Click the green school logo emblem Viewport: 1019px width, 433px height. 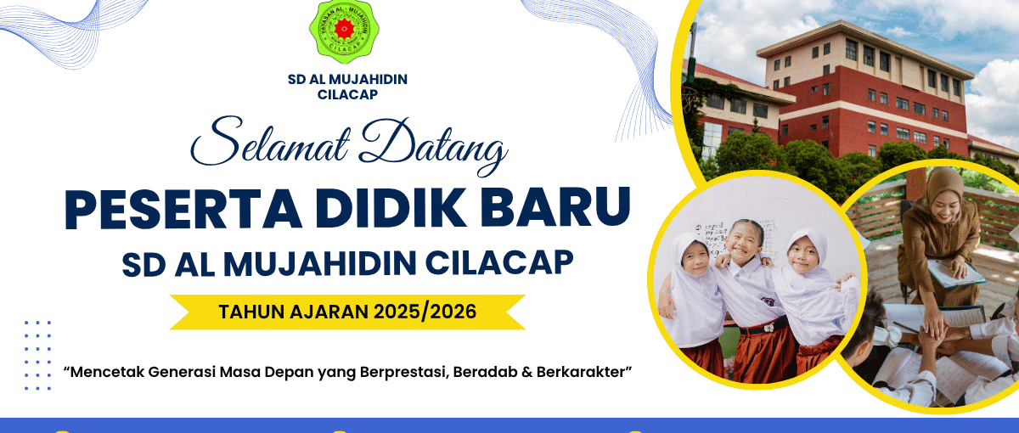click(x=345, y=31)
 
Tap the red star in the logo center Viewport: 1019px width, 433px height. click(x=345, y=29)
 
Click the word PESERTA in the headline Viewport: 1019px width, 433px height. click(x=183, y=208)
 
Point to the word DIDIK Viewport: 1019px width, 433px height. click(x=391, y=208)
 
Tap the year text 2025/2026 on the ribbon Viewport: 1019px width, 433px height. click(x=425, y=312)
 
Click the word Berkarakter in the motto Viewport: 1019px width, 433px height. click(x=582, y=372)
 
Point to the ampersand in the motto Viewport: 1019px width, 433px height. click(x=526, y=372)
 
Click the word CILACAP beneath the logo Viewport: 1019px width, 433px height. click(x=347, y=94)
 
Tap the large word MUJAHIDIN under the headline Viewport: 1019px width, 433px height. click(x=320, y=264)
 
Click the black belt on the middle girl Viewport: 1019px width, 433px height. click(x=763, y=325)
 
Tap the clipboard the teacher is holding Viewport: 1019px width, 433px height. click(x=950, y=273)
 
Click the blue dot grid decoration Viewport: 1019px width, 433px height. click(x=37, y=355)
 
